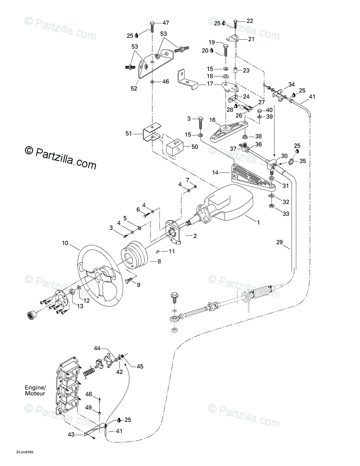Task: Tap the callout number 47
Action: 165,23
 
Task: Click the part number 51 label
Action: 128,134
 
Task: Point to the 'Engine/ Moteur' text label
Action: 35,391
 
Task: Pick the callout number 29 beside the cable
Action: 279,242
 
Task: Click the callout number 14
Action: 215,172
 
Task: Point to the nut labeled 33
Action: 271,206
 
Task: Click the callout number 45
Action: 140,366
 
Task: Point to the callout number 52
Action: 134,89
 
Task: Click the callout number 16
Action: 212,120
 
